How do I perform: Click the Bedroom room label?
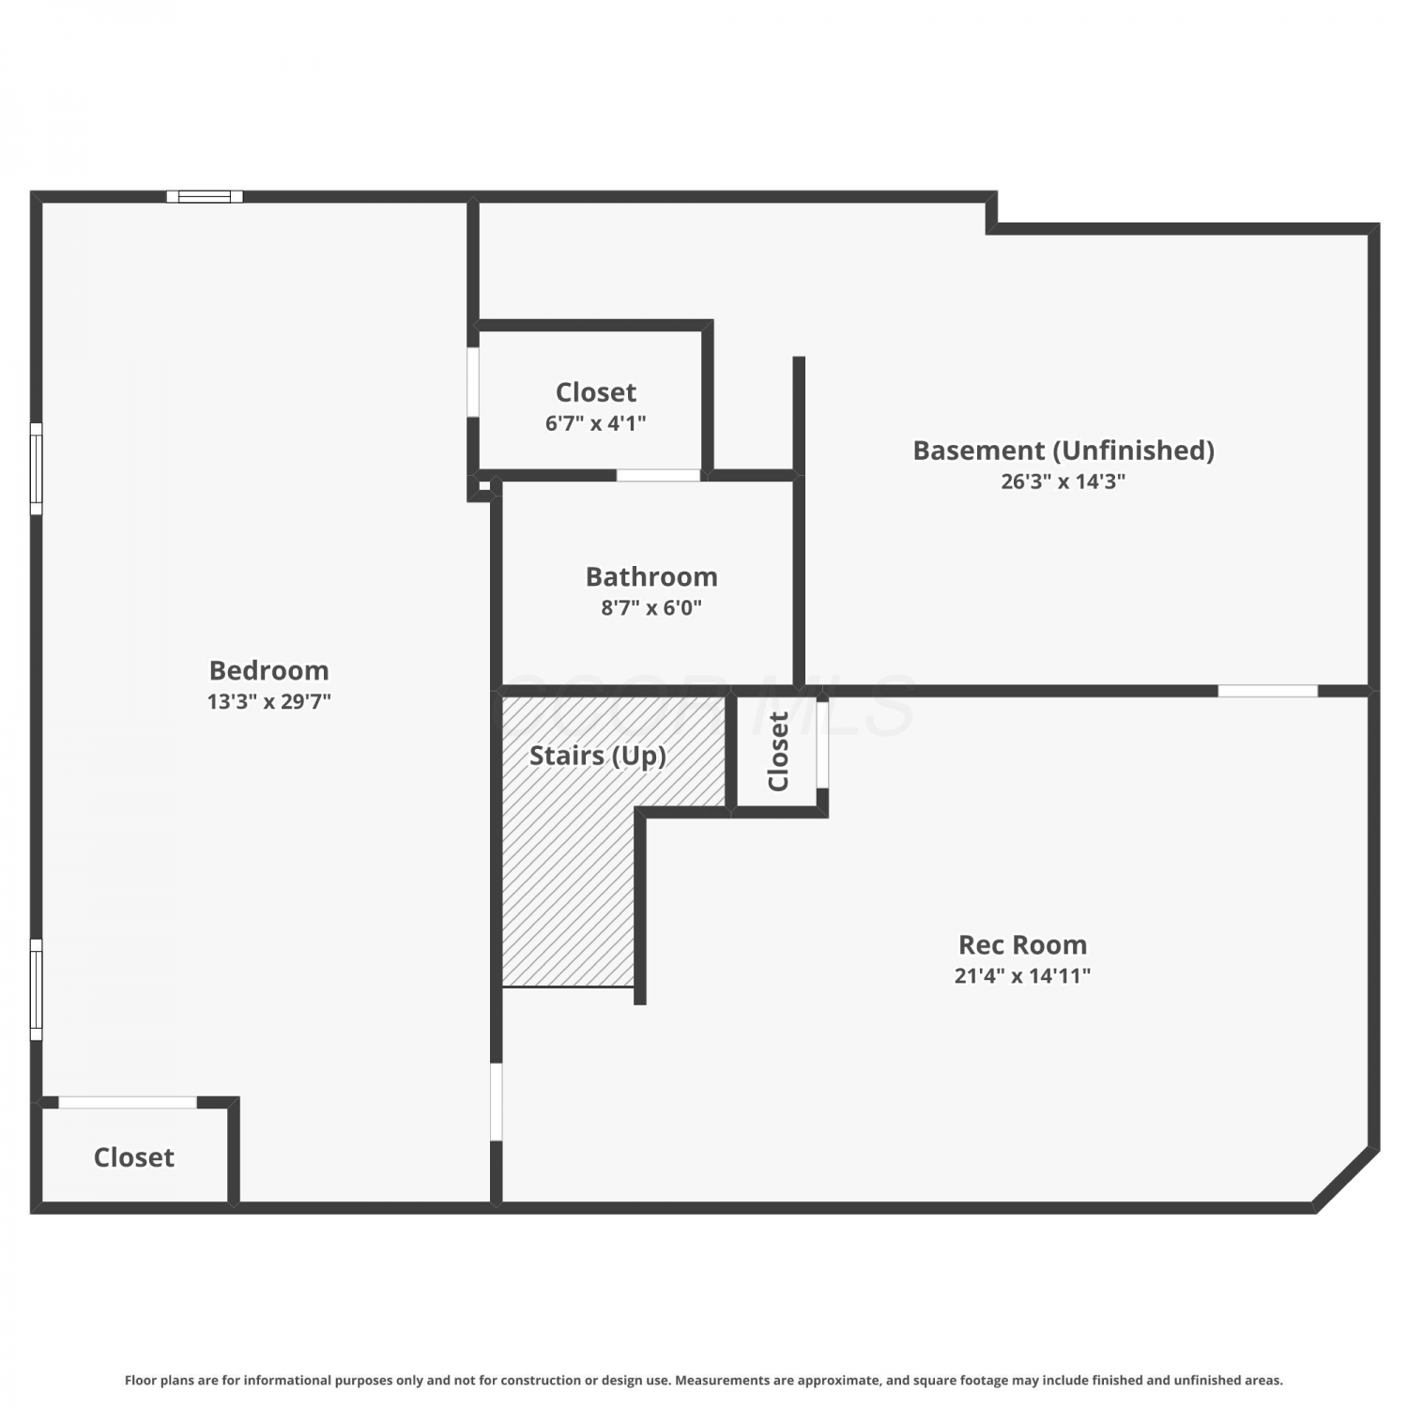point(268,670)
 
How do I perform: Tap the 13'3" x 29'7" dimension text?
point(268,701)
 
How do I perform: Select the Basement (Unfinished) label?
point(1064,451)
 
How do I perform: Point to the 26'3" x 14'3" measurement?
point(1063,482)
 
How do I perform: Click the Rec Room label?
point(1022,944)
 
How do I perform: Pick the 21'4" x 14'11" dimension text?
point(1022,975)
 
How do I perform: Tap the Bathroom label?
point(651,576)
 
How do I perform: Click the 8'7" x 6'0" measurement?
point(651,607)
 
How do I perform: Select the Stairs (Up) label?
point(598,756)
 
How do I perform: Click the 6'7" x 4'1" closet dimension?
point(596,423)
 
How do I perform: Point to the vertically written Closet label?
point(778,752)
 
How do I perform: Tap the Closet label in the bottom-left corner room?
point(134,1157)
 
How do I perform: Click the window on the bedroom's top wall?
point(205,196)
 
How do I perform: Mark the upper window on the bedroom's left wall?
point(36,468)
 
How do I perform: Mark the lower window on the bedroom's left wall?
point(36,989)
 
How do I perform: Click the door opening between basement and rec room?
point(1267,691)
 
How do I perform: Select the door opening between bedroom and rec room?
point(497,1101)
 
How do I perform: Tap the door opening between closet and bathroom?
point(658,475)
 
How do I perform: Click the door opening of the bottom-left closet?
point(128,1102)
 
